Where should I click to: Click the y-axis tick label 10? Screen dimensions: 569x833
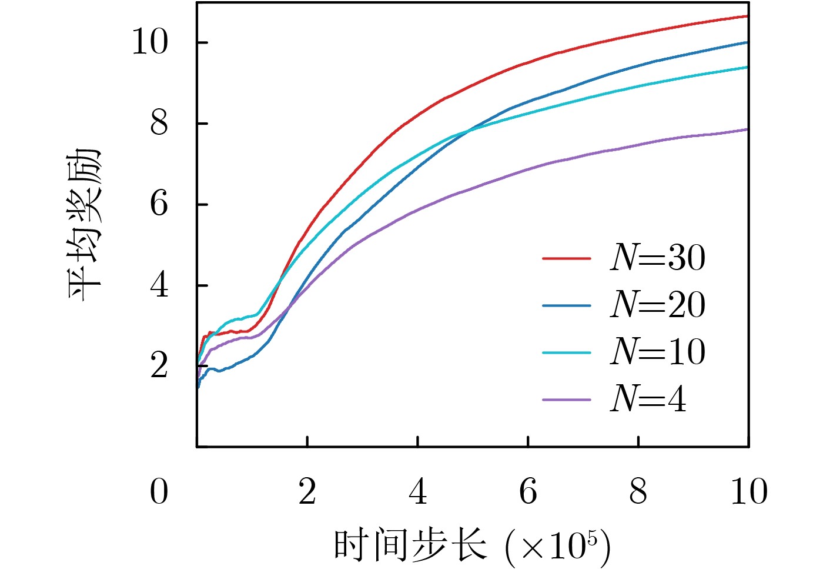click(149, 42)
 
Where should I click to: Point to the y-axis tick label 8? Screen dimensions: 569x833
click(159, 124)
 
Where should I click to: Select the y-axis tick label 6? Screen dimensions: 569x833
click(159, 204)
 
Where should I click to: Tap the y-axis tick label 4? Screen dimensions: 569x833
click(159, 285)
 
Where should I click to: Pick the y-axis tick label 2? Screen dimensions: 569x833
click(159, 366)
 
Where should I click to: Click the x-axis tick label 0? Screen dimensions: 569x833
click(159, 492)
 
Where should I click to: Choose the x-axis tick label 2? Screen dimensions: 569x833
click(307, 492)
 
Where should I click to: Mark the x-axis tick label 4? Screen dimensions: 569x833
click(417, 492)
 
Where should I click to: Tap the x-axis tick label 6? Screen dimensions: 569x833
click(528, 492)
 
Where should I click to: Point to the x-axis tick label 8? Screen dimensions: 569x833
click(638, 492)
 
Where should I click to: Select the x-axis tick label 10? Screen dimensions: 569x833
click(748, 492)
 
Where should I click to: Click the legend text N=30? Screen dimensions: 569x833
click(657, 258)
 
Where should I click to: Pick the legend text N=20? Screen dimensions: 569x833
click(657, 305)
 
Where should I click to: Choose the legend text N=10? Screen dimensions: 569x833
click(657, 352)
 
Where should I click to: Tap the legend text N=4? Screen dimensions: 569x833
click(648, 399)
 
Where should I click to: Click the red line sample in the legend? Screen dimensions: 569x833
click(566, 258)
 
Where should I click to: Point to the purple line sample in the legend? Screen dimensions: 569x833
click(566, 400)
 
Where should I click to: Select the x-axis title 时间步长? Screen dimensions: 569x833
click(410, 544)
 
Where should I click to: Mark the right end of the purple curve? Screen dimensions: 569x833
click(747, 129)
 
